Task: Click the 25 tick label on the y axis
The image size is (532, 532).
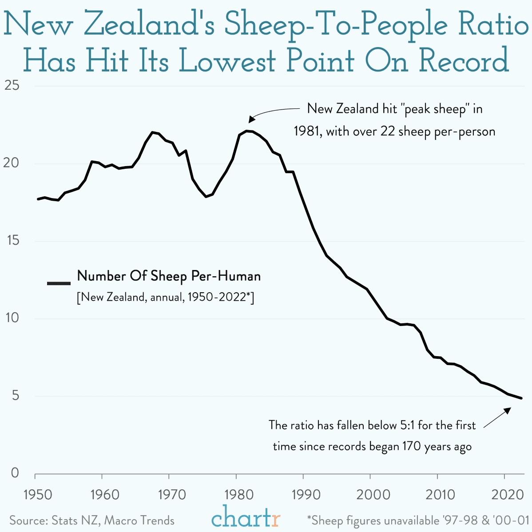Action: pos(12,85)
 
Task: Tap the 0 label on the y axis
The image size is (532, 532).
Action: pos(15,473)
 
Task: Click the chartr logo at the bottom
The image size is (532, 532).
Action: pos(246,518)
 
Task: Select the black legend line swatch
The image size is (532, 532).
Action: pos(59,283)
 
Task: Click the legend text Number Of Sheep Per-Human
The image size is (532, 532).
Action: pos(169,276)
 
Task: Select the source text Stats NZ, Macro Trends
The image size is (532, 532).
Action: pos(113,520)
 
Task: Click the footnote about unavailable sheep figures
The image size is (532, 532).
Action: pos(418,520)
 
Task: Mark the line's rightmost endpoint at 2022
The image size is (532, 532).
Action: pos(522,398)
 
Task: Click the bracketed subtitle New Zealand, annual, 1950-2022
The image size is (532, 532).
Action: pos(165,297)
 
